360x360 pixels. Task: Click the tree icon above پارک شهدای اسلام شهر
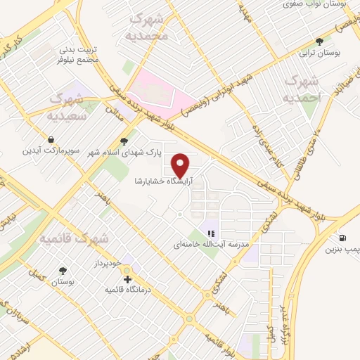tap(124, 139)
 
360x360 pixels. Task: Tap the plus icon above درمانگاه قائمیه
tap(127, 279)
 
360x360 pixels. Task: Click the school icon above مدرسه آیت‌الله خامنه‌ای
tap(210, 233)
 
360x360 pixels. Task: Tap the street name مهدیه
tap(245, 13)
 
